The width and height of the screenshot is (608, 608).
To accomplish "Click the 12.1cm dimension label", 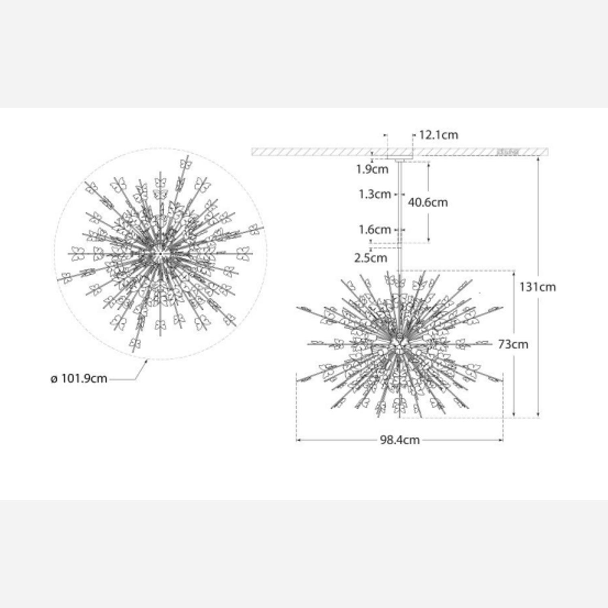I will coord(438,135).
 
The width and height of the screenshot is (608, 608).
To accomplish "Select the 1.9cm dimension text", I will coord(372,169).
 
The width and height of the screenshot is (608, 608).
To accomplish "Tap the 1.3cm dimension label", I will coord(374,194).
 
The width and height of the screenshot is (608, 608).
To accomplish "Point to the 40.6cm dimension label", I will coord(428,202).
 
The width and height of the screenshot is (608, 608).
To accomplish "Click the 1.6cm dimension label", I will coord(375,230).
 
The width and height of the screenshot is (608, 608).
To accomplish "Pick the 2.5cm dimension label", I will coord(370,258).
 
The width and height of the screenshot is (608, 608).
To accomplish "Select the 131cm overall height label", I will coord(538,287).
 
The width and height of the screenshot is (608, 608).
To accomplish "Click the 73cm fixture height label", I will coord(513,344).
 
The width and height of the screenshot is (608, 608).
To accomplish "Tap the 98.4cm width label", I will coord(400,440).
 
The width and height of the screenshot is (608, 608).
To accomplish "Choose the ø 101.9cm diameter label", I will coord(79,379).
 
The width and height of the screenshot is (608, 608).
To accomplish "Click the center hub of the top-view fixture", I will coord(161,253).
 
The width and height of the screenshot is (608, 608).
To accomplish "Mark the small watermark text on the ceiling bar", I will coord(508,152).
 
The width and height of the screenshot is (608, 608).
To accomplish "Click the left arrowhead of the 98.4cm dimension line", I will coord(298,440).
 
